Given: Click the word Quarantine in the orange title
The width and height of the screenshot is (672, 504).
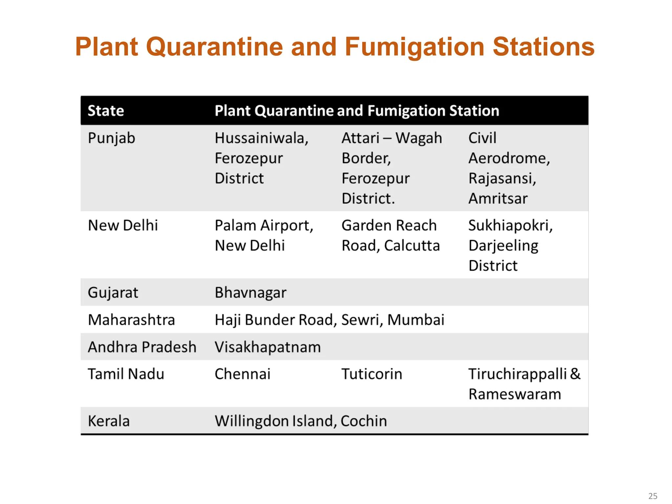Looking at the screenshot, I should coord(214,47).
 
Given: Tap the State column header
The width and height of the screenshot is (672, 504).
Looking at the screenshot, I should coord(106,111).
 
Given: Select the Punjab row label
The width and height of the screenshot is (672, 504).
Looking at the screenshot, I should coord(111,138).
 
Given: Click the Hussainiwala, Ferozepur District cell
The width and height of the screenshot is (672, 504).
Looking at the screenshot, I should coord(262,158).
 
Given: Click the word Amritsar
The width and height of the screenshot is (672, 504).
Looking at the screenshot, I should coord(498,199).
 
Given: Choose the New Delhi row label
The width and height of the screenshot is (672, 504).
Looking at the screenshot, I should coord(123,225).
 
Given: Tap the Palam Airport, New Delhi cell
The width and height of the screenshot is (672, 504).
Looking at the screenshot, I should coord(264,235).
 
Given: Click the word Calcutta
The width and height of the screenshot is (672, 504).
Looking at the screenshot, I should coord(412,246).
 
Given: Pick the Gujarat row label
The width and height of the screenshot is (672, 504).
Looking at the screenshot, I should coord(113,293).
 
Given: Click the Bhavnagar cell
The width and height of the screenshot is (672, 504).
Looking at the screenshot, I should coord(250,293).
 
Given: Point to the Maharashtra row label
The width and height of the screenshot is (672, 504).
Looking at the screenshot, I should coord(131,320).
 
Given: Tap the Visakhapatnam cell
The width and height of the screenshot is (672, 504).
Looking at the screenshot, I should coord(267,347).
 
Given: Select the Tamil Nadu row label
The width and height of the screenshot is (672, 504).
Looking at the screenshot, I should coord(126,374).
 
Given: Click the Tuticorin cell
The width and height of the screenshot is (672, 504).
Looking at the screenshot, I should coord(372,374).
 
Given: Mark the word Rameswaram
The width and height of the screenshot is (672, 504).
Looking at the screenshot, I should coord(514,394).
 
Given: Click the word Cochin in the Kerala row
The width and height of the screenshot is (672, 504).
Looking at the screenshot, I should coord(364,421).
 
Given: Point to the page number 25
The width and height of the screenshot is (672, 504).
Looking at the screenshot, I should coord(653,496).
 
